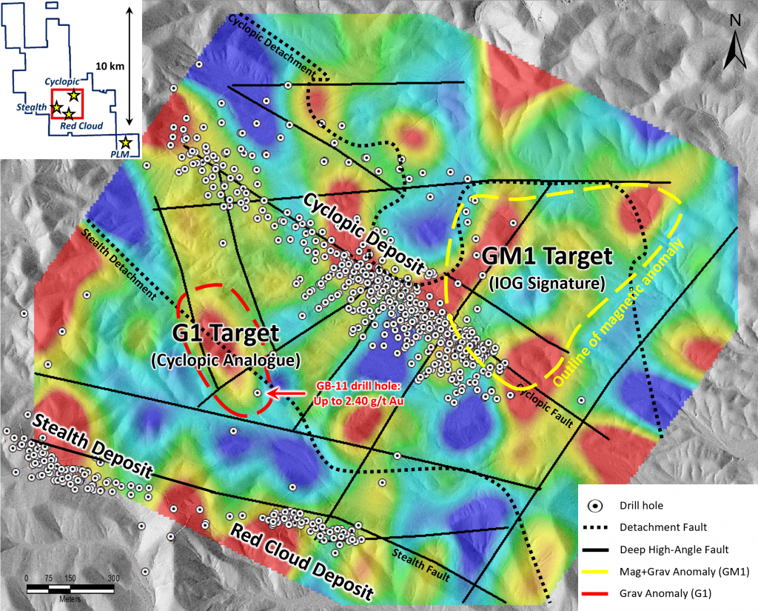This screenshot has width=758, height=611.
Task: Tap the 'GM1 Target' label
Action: tap(547, 257)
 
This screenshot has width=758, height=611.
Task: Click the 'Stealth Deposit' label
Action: tap(93, 447)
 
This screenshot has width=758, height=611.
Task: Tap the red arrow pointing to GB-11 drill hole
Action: tap(281, 394)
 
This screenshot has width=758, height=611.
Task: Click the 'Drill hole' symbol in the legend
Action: tap(593, 506)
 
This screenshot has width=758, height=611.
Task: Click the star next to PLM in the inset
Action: tap(126, 141)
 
